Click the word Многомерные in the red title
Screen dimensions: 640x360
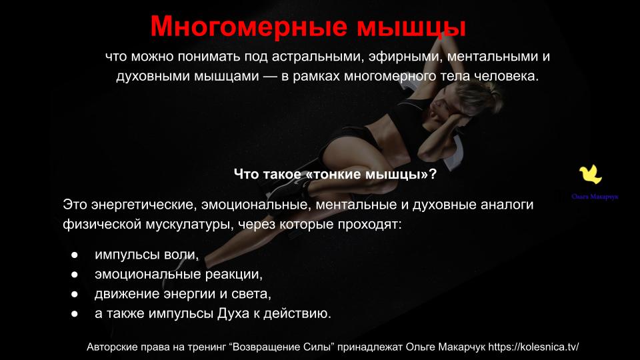click(x=249, y=26)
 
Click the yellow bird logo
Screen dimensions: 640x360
click(x=591, y=175)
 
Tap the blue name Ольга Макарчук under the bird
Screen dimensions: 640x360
click(x=595, y=197)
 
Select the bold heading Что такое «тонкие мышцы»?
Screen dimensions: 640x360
click(x=335, y=174)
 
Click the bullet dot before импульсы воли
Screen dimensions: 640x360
click(x=74, y=255)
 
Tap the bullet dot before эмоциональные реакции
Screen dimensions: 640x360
click(x=74, y=274)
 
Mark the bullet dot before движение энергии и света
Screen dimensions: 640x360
click(x=74, y=294)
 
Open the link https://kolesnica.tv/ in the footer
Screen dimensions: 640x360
click(x=533, y=347)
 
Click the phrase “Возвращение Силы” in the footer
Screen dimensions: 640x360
click(x=282, y=347)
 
